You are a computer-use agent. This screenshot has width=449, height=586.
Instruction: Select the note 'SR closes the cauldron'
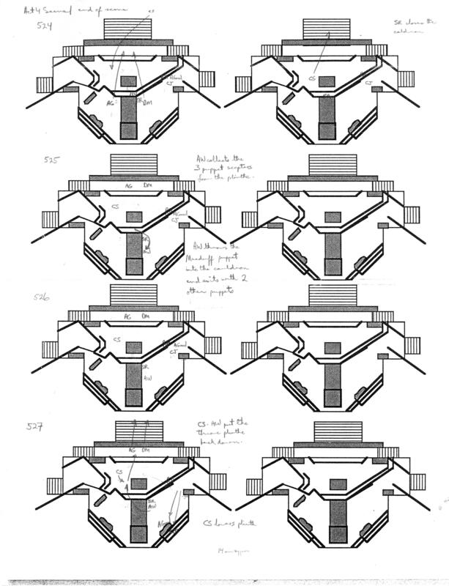click(415, 24)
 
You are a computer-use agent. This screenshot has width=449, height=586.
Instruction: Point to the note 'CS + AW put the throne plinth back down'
click(226, 434)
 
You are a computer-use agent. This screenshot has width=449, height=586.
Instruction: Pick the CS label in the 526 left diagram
click(117, 340)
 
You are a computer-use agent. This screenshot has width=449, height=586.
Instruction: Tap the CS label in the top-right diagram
click(311, 77)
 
